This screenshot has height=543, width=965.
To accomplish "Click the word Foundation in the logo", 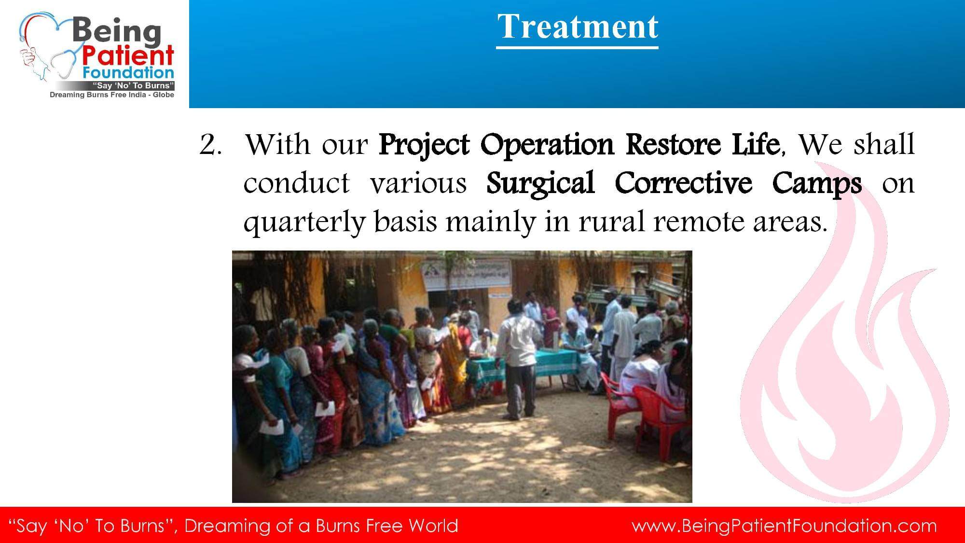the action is [x=128, y=73].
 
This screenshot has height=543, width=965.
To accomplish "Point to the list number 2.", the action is [x=211, y=144].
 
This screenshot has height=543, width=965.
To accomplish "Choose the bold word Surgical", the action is [x=540, y=184].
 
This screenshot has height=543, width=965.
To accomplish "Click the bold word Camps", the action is [x=817, y=184].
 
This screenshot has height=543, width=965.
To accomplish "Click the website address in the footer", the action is [x=784, y=526].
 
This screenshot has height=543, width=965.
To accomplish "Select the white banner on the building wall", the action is [x=466, y=274].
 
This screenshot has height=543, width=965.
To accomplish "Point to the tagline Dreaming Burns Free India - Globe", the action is [x=112, y=95].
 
